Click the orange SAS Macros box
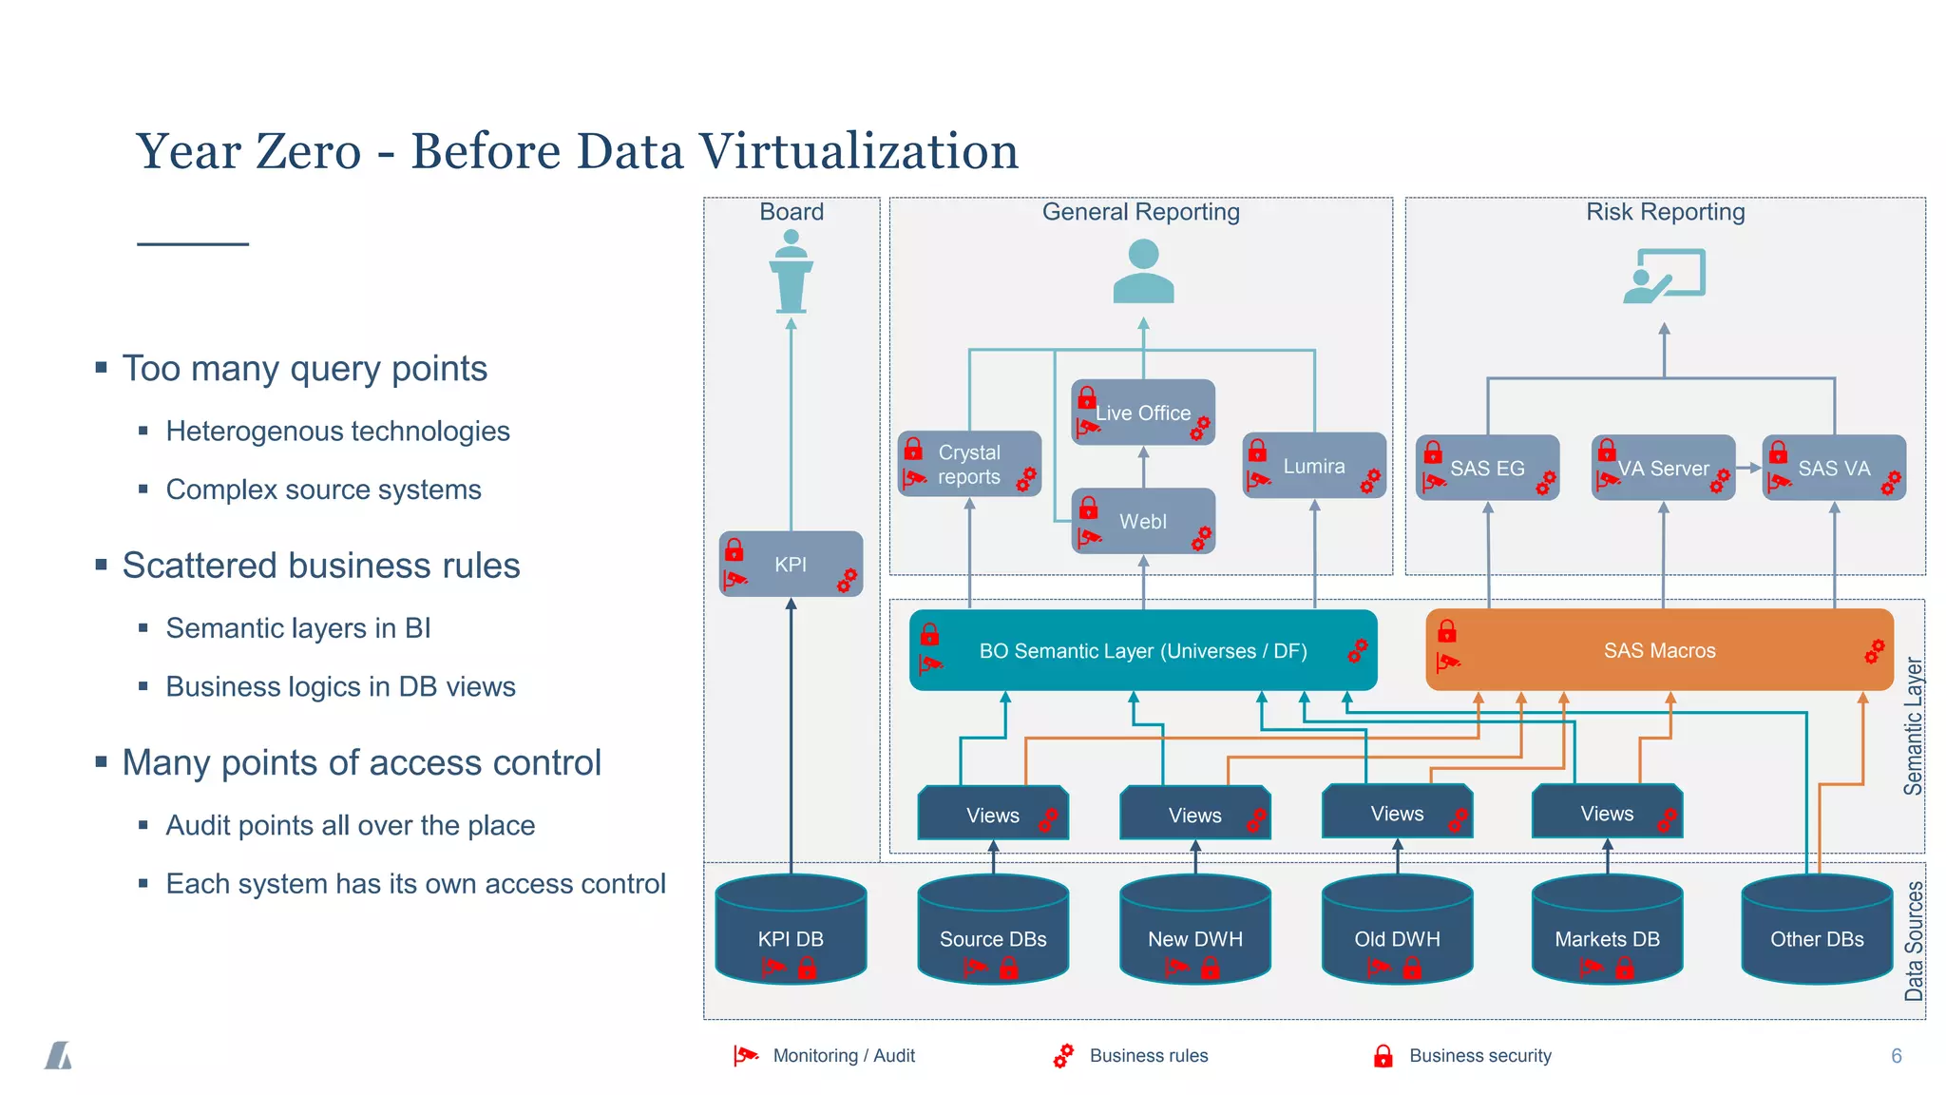click(1659, 650)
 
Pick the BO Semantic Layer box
click(1142, 650)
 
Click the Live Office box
click(1142, 413)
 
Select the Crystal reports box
click(969, 464)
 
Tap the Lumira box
click(1314, 466)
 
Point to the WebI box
click(1142, 521)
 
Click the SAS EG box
click(1487, 468)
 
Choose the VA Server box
click(1663, 468)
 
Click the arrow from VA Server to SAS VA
click(1748, 468)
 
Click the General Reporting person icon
click(1143, 272)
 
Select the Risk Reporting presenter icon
click(1665, 276)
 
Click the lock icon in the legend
click(1383, 1056)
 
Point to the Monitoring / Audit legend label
click(844, 1056)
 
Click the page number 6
click(1897, 1056)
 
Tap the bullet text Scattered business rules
click(321, 566)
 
